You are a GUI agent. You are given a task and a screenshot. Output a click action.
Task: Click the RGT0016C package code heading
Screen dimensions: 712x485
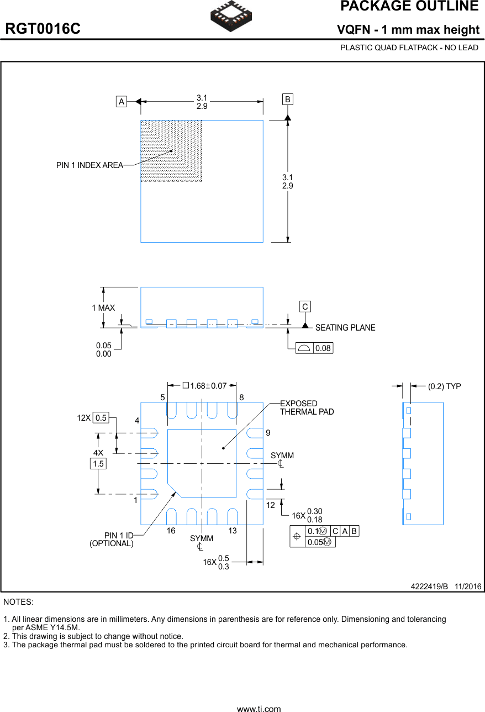click(43, 29)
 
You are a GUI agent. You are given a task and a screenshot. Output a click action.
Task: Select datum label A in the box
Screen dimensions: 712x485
click(121, 101)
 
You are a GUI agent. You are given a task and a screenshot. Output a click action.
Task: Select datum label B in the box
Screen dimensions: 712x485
click(288, 100)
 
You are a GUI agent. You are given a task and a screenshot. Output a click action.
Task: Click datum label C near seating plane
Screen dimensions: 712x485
click(305, 307)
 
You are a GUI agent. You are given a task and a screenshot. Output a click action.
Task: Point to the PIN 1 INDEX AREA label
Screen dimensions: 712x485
click(89, 165)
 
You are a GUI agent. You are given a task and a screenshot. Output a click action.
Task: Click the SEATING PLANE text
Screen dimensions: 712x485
click(345, 328)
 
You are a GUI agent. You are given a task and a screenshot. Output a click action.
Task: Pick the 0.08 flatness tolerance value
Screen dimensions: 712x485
click(323, 348)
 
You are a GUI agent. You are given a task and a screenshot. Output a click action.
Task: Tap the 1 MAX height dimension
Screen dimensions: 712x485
click(103, 308)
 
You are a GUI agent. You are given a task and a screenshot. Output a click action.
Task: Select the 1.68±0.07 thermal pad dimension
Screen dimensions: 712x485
click(205, 386)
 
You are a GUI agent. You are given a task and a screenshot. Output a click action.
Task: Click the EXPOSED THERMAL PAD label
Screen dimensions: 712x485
click(307, 407)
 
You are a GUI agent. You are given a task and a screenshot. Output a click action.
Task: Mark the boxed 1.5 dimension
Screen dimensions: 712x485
click(98, 464)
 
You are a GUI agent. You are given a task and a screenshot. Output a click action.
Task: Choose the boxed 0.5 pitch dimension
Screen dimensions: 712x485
click(101, 418)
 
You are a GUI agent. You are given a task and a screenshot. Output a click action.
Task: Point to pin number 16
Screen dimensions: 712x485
click(171, 531)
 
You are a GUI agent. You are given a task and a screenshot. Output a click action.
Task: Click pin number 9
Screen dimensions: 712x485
click(268, 433)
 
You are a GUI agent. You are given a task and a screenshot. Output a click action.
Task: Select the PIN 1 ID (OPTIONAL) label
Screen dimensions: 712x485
click(112, 540)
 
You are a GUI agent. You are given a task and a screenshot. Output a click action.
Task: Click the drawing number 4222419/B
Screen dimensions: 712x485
click(429, 586)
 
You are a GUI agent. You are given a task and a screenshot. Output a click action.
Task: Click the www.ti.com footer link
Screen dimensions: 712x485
click(259, 708)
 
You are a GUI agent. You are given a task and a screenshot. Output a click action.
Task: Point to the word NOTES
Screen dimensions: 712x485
click(18, 601)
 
